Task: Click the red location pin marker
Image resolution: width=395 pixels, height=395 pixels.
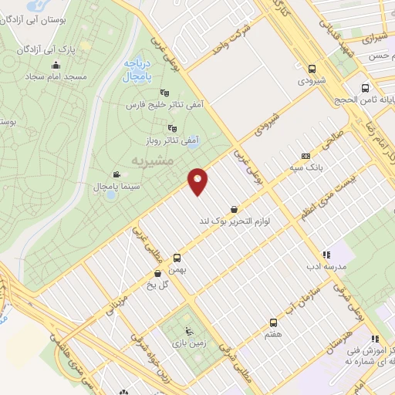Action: pos(198,181)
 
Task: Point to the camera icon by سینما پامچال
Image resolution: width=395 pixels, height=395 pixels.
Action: pos(116,174)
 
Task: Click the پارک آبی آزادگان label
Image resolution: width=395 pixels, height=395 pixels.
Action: pos(58,49)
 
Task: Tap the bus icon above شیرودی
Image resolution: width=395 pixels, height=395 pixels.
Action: pos(312,68)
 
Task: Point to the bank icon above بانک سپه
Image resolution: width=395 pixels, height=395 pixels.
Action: pos(306,154)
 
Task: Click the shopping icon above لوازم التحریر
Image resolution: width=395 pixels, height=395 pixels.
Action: pos(233,208)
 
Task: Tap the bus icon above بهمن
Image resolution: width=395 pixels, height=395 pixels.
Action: pos(178,258)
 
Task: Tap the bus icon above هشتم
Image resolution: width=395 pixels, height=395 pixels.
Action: pos(272,322)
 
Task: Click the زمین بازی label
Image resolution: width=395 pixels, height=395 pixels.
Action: pos(183,339)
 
